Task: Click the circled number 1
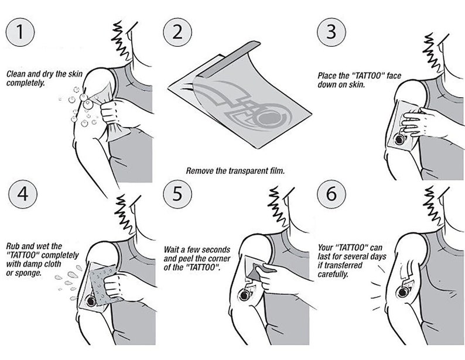pyautogui.click(x=20, y=32)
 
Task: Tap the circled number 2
pyautogui.click(x=177, y=32)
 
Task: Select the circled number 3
pyautogui.click(x=331, y=32)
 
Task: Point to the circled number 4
pyautogui.click(x=23, y=194)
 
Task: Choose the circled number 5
pyautogui.click(x=177, y=194)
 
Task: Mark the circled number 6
pyautogui.click(x=331, y=194)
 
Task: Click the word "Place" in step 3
pyautogui.click(x=327, y=76)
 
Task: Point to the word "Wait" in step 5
pyautogui.click(x=171, y=249)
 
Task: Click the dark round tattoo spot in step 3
pyautogui.click(x=399, y=139)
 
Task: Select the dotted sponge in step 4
pyautogui.click(x=104, y=285)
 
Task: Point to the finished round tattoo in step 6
pyautogui.click(x=403, y=293)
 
